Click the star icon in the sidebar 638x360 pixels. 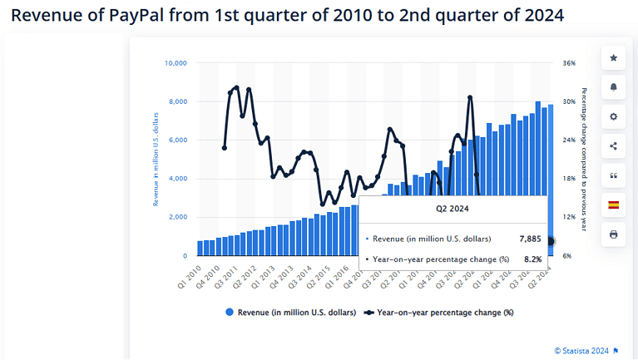(x=613, y=58)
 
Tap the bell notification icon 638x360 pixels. (x=613, y=87)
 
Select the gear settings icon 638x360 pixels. (x=613, y=116)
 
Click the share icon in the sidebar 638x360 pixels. (x=613, y=146)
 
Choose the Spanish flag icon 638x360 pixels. (x=613, y=205)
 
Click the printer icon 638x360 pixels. (x=613, y=234)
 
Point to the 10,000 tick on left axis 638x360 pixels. (x=176, y=63)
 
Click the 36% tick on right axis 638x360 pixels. (x=569, y=63)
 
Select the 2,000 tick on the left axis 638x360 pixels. (x=177, y=217)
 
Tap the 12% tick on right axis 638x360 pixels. (x=569, y=217)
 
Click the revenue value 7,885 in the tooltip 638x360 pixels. (x=530, y=239)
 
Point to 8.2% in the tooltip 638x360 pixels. (x=532, y=259)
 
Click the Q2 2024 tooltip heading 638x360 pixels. (x=453, y=210)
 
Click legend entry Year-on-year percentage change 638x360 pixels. (x=438, y=313)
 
